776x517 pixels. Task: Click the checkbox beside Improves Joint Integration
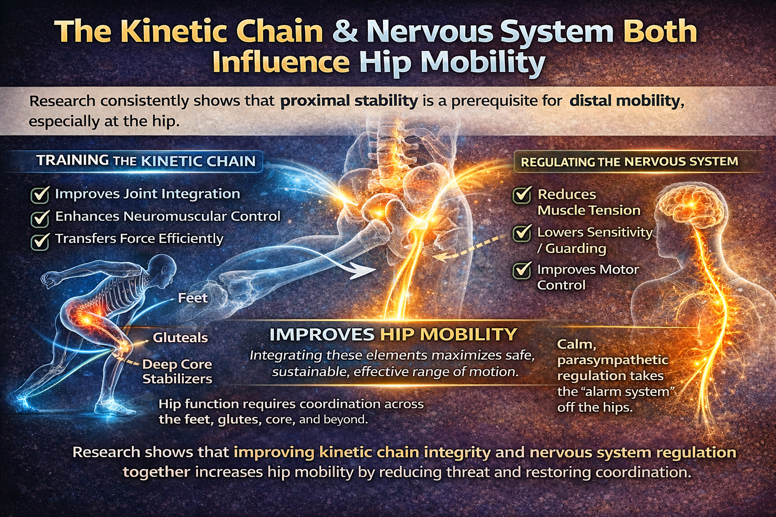tap(40, 194)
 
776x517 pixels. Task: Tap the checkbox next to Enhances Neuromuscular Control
tap(40, 218)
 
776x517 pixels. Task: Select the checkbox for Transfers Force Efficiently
tap(40, 240)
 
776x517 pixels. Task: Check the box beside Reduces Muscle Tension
tap(522, 194)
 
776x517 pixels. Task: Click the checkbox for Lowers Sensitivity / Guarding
tap(522, 233)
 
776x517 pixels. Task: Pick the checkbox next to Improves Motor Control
tap(522, 270)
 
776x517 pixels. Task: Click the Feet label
tap(192, 298)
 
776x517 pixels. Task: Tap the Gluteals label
tap(180, 337)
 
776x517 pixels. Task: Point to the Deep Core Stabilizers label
tap(177, 371)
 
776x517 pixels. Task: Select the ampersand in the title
tap(345, 31)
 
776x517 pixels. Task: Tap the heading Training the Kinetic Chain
tap(146, 161)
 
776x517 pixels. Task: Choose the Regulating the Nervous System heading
tap(629, 162)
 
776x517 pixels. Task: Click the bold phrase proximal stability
tap(349, 101)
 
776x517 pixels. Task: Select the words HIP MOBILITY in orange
tap(448, 334)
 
